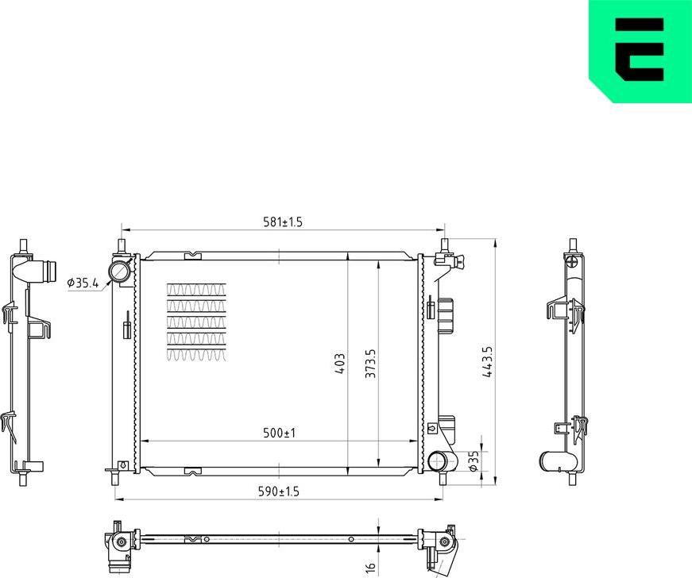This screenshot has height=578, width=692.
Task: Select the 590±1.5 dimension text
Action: tap(279, 492)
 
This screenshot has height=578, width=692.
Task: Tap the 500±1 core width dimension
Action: tap(279, 433)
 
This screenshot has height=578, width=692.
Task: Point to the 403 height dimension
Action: tap(340, 364)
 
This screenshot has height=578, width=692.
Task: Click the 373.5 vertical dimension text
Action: tap(369, 364)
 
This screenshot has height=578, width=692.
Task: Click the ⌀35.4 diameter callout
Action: tap(83, 283)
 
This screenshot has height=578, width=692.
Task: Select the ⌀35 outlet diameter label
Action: tap(474, 461)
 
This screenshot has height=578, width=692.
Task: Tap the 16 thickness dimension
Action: tap(369, 567)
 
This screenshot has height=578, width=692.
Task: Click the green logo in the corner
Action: tap(640, 51)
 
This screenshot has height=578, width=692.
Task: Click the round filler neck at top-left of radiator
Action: tap(120, 272)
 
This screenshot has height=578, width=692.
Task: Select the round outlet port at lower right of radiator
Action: tap(438, 461)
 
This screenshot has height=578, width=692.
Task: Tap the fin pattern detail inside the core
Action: tap(196, 322)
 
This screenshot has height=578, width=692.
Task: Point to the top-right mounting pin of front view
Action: tap(443, 245)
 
